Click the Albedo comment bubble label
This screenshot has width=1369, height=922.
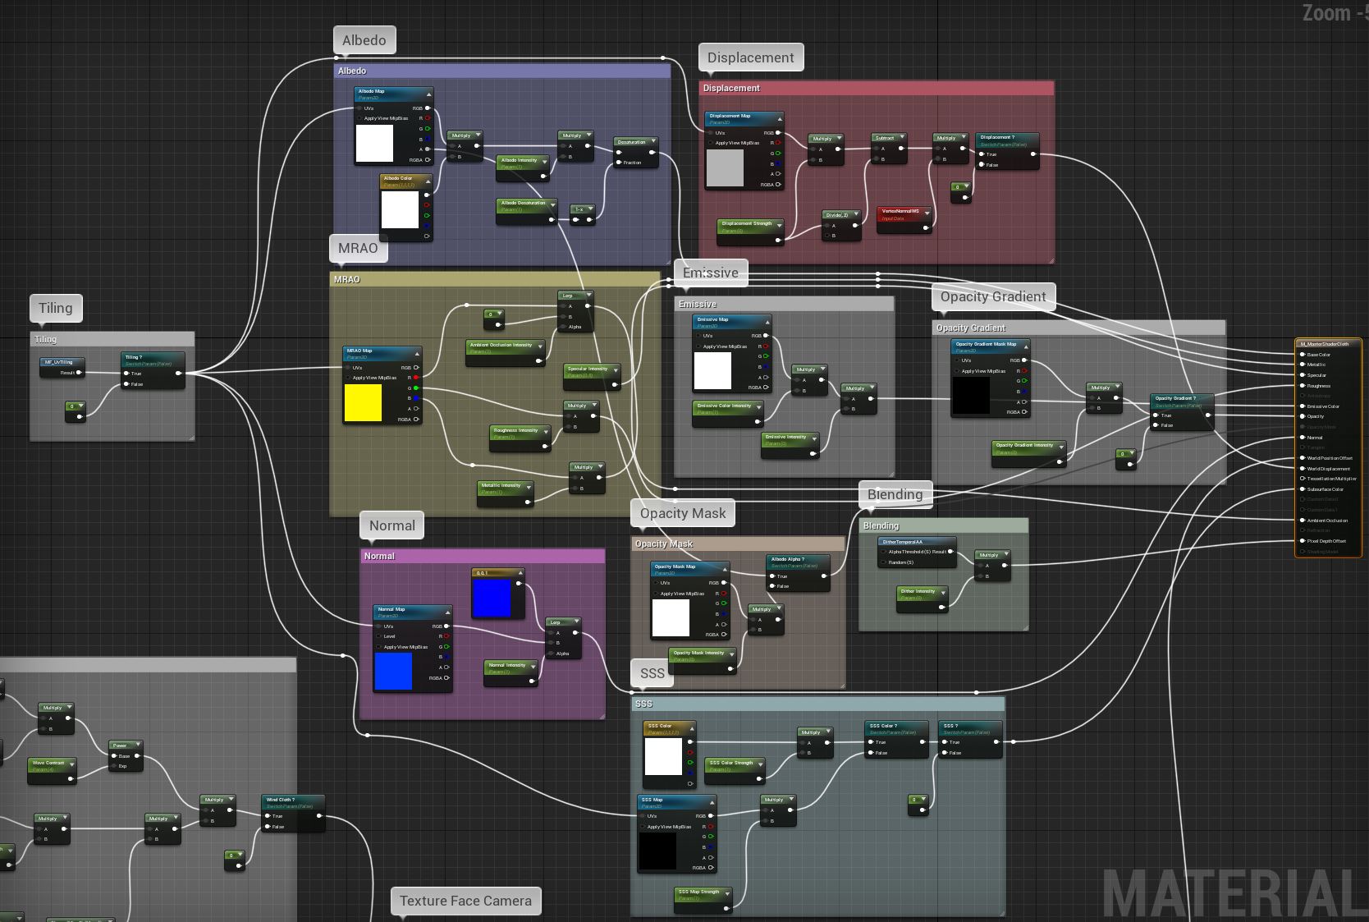[x=364, y=40]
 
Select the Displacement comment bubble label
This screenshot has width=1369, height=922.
[x=750, y=57]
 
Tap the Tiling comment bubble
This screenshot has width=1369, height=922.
[x=56, y=308]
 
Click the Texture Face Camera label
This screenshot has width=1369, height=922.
[x=465, y=901]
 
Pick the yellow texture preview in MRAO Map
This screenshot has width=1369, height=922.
[x=363, y=403]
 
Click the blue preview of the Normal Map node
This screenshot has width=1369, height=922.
[x=393, y=671]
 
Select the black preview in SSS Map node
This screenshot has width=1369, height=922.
[x=657, y=851]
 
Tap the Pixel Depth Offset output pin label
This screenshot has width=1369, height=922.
[x=1326, y=541]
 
